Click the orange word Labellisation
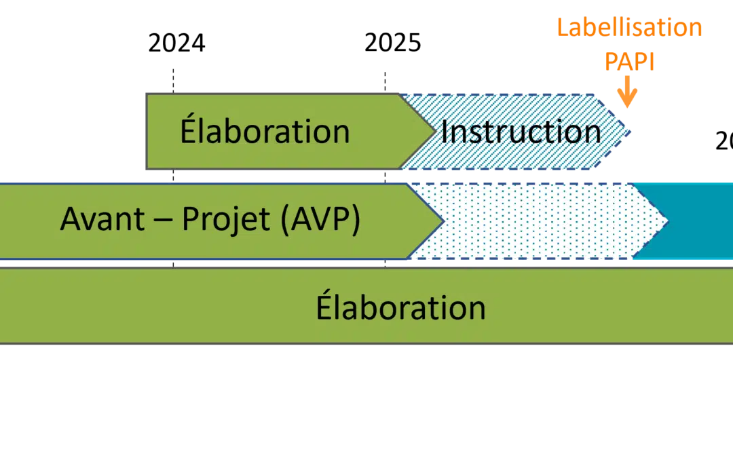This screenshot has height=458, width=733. pyautogui.click(x=629, y=28)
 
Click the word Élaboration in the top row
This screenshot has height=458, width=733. pyautogui.click(x=265, y=131)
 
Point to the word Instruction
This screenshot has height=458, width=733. pyautogui.click(x=521, y=131)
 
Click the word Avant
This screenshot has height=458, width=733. pyautogui.click(x=102, y=219)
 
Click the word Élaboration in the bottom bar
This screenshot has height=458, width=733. pyautogui.click(x=400, y=307)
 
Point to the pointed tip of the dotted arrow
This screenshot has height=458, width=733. pyautogui.click(x=666, y=221)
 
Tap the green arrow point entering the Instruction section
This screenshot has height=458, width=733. pyautogui.click(x=431, y=131)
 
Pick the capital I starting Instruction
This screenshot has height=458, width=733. pyautogui.click(x=445, y=131)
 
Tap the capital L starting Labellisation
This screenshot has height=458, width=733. pyautogui.click(x=561, y=28)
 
